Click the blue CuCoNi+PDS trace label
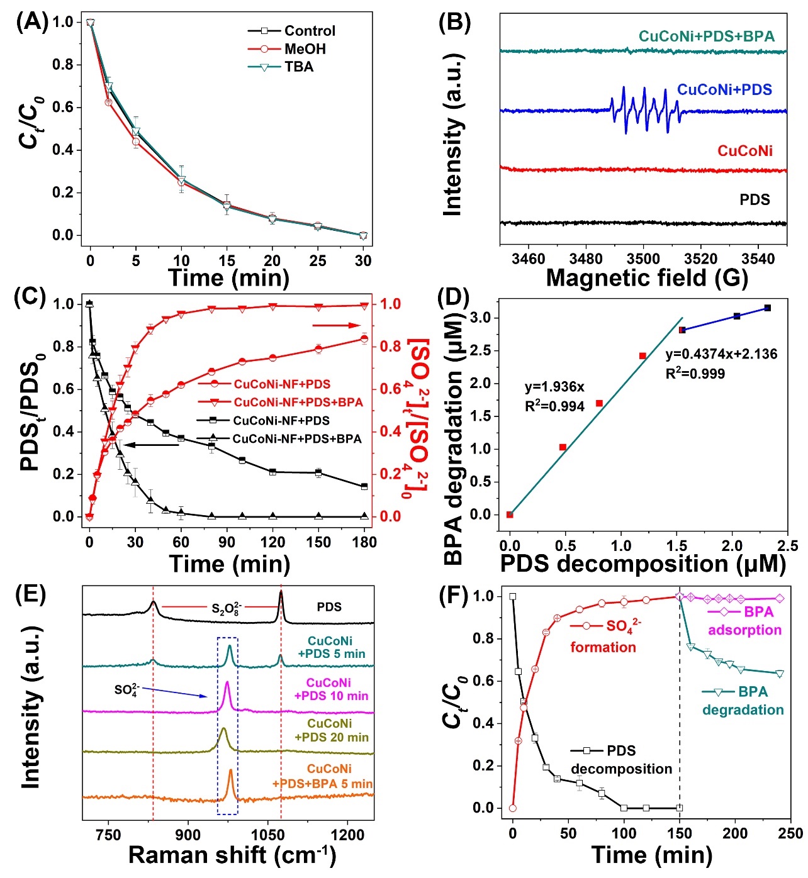point(724,89)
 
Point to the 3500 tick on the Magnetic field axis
point(643,259)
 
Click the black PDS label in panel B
point(755,200)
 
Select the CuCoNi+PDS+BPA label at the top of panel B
point(707,36)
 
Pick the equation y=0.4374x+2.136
point(721,354)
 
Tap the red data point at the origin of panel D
point(510,514)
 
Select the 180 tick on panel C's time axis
point(364,542)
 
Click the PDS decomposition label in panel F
point(621,760)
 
